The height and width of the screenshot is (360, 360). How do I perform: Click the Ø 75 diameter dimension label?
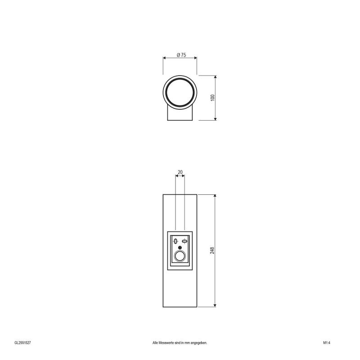click(x=181, y=54)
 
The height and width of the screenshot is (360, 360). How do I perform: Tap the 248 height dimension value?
click(x=212, y=251)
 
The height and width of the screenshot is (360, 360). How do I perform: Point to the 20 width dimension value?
click(x=180, y=172)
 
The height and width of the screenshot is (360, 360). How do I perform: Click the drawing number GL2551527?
click(x=22, y=342)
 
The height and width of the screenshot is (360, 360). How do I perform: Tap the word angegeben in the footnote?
click(x=198, y=342)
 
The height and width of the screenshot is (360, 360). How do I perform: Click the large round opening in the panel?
click(x=180, y=257)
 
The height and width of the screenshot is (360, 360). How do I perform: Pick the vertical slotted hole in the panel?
click(x=175, y=242)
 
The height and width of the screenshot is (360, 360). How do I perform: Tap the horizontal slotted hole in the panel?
click(x=184, y=241)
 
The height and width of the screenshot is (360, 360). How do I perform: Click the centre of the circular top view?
click(x=180, y=92)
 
